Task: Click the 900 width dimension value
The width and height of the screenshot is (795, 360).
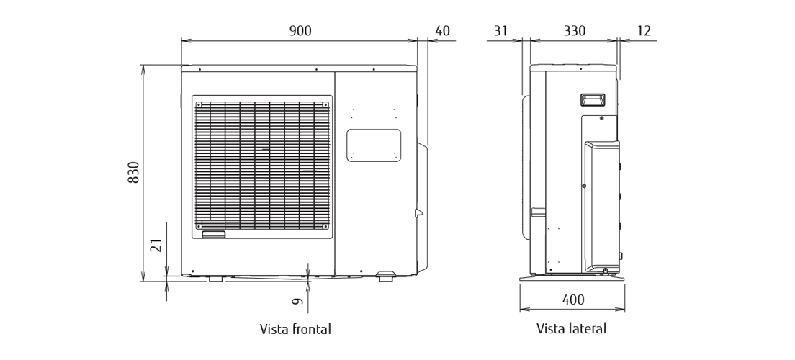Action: click(300, 30)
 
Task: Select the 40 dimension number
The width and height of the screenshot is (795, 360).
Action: click(442, 30)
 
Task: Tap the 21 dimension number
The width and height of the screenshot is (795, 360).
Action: click(156, 246)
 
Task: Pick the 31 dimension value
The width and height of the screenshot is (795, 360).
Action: click(500, 30)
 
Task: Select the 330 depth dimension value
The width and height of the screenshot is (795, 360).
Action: click(575, 30)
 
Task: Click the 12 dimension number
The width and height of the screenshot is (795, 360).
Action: click(643, 30)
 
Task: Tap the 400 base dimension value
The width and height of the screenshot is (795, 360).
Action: click(573, 300)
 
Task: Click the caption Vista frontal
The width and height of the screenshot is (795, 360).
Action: click(295, 329)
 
